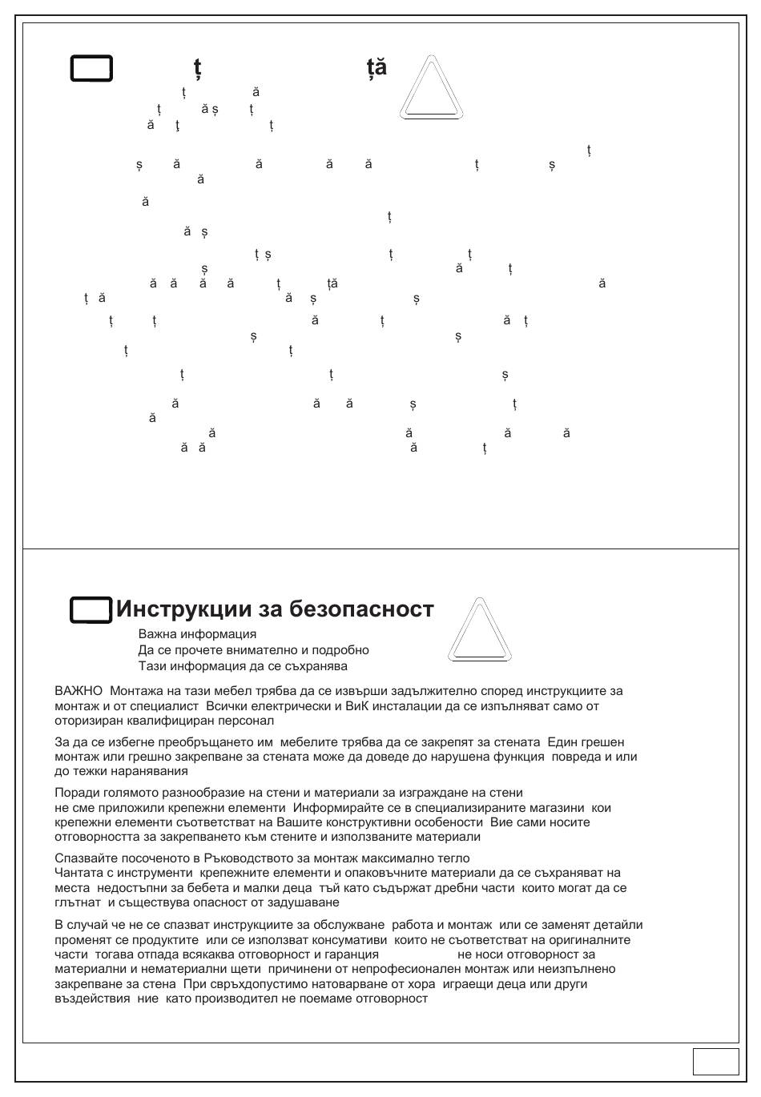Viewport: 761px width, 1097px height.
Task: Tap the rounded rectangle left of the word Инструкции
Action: pos(91,610)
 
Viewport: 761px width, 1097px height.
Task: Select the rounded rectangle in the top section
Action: pos(91,69)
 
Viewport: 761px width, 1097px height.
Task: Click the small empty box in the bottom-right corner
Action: pos(715,1061)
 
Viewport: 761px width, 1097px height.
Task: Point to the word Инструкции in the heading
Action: pos(183,609)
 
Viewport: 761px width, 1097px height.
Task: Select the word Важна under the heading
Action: pos(158,634)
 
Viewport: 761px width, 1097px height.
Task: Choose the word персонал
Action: pos(248,721)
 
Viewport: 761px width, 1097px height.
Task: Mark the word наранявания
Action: pos(152,771)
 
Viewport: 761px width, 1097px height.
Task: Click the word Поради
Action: pos(74,793)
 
